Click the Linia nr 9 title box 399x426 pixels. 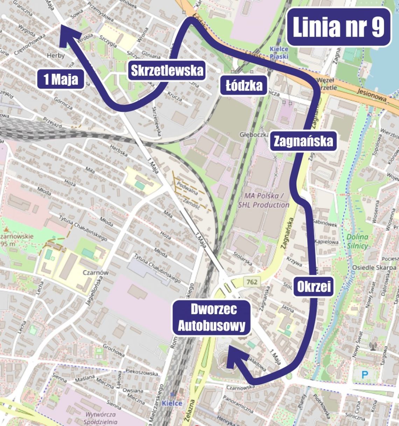tap(338, 27)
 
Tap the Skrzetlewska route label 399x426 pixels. tap(167, 71)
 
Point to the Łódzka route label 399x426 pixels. tap(244, 85)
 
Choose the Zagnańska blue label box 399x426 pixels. tap(303, 141)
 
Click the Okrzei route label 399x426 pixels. tap(314, 287)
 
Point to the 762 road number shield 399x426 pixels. tap(251, 281)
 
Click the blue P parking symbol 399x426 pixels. tap(365, 375)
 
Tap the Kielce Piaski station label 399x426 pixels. tap(279, 53)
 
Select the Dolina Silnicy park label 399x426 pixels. tap(357, 241)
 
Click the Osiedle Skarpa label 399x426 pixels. tap(374, 267)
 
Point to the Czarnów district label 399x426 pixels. tap(95, 272)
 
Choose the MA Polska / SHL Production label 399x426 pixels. tap(263, 200)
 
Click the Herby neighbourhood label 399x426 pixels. tap(56, 55)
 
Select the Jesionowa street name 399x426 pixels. tap(372, 95)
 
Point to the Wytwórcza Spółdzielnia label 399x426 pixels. tap(100, 418)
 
